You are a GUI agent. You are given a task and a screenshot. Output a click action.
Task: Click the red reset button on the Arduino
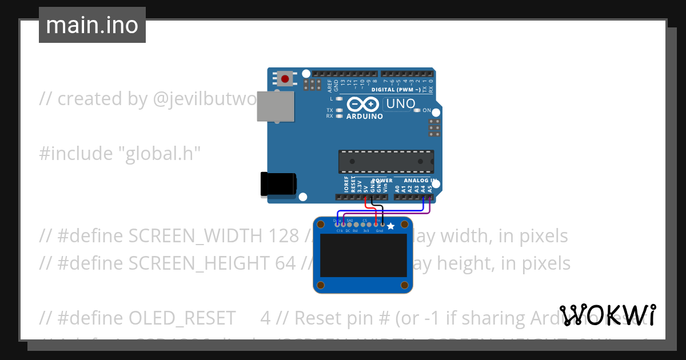point(285,79)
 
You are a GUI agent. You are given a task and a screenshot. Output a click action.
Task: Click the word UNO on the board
point(400,104)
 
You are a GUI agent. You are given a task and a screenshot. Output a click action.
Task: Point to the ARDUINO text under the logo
point(365,116)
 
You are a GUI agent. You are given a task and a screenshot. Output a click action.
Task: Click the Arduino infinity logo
point(362,104)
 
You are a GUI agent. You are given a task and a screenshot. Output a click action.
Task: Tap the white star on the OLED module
point(391,227)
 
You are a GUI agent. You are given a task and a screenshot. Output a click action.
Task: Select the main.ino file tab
point(92,25)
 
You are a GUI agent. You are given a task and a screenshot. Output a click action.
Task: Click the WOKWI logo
point(608,315)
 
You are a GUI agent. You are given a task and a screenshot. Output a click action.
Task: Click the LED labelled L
point(340,99)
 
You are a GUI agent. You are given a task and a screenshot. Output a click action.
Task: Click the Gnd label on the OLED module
point(379,231)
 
